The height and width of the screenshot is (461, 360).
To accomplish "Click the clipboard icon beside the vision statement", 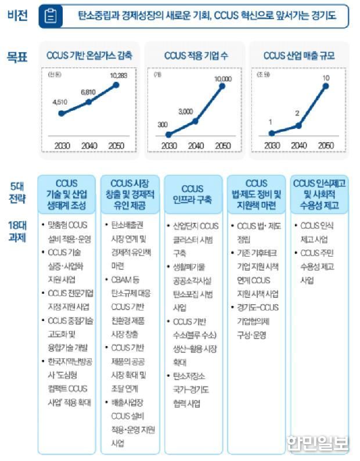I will [51, 16].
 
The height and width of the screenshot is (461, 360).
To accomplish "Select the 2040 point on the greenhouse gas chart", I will [88, 102].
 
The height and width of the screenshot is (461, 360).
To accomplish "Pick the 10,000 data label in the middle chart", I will [222, 78].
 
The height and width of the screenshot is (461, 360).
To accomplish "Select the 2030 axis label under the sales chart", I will [271, 145].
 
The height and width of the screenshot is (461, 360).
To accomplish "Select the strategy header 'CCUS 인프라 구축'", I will [192, 195].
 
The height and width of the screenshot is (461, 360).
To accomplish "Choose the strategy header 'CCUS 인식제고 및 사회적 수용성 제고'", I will [319, 195].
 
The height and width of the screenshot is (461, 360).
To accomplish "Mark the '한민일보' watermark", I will [317, 442].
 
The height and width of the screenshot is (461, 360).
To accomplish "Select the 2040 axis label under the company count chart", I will [196, 145].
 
